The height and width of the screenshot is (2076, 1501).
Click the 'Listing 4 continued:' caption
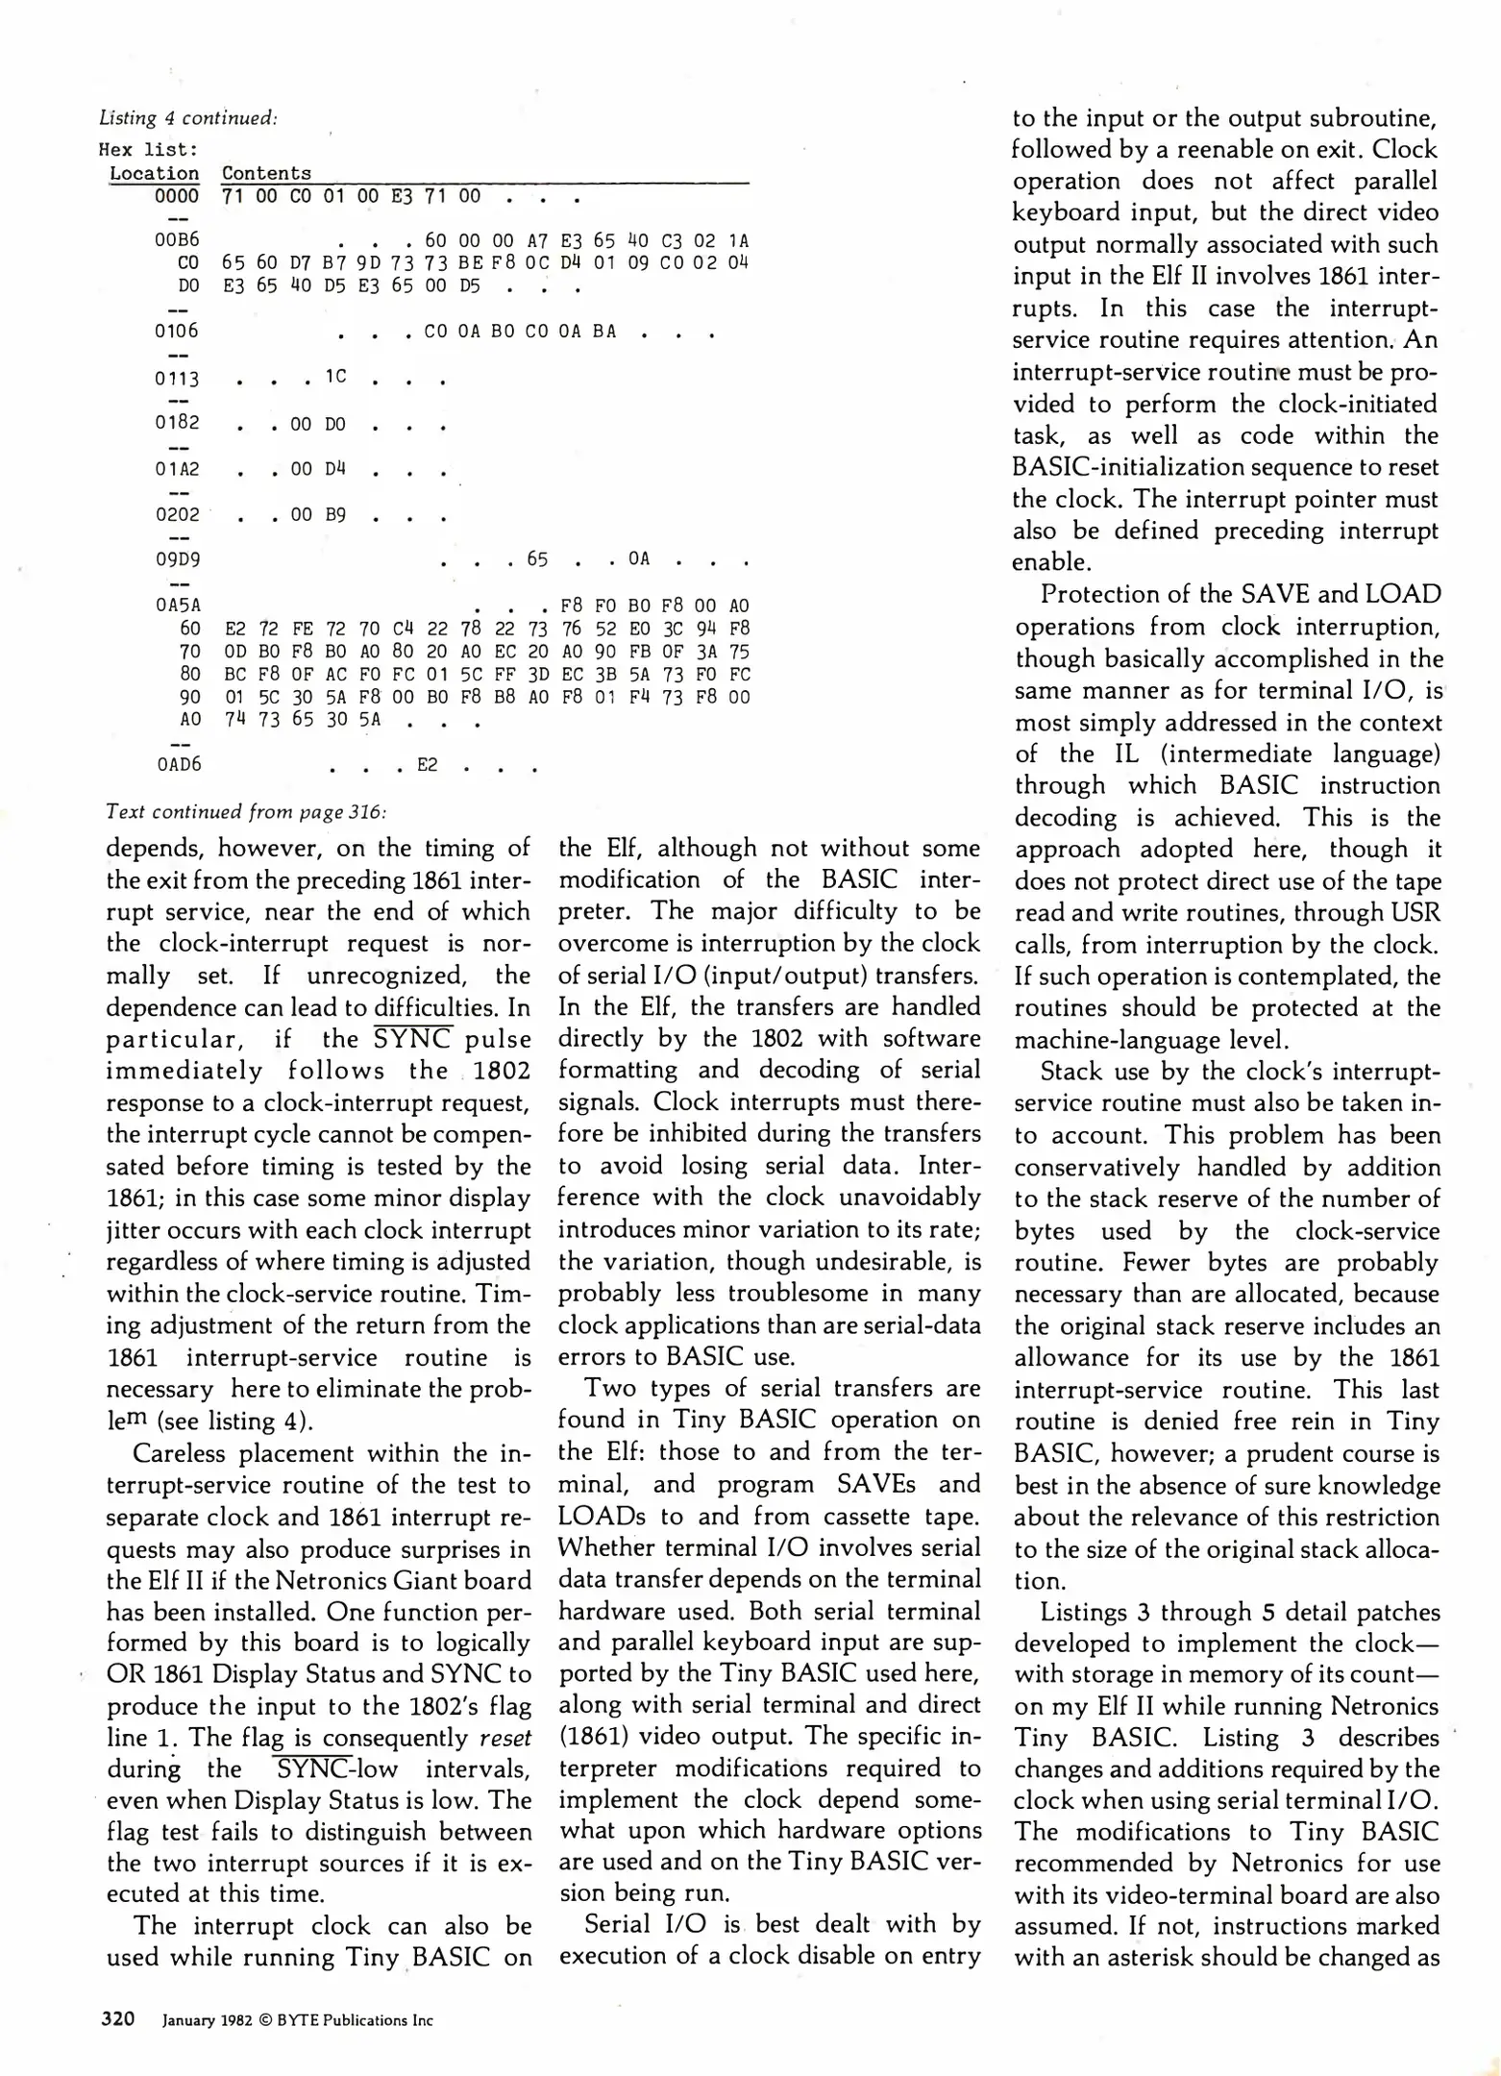click(x=188, y=118)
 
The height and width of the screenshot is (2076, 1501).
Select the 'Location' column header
click(x=154, y=174)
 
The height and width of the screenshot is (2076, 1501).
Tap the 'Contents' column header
click(x=266, y=174)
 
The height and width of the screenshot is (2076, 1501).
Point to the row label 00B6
click(x=177, y=240)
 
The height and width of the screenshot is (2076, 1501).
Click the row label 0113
click(x=177, y=379)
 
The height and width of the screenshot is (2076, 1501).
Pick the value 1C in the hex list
click(x=334, y=377)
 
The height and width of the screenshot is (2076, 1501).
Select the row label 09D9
click(x=177, y=559)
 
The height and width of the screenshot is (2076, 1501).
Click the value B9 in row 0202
click(x=334, y=514)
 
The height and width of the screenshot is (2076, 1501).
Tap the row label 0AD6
click(x=179, y=765)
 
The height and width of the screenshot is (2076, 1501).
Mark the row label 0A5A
click(x=178, y=606)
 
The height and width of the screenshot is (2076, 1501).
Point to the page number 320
click(x=118, y=2019)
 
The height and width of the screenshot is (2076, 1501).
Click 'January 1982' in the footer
click(x=207, y=2020)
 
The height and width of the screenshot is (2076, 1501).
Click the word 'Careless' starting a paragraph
click(x=176, y=1453)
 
